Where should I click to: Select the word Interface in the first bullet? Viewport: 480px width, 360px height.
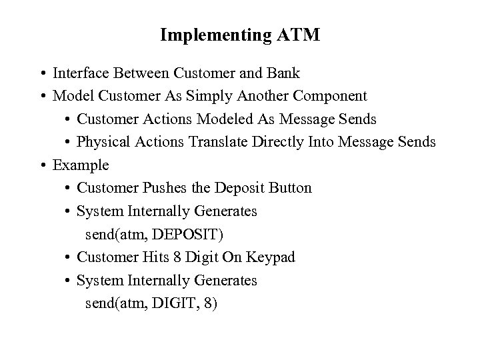tap(79, 73)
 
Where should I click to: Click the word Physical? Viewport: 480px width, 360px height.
tap(100, 142)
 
